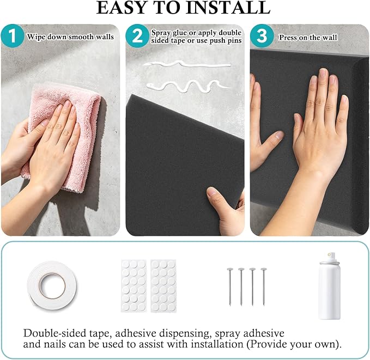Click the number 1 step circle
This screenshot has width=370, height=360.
click(x=13, y=36)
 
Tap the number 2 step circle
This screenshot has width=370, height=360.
click(x=137, y=36)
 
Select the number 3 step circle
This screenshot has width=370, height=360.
click(x=262, y=36)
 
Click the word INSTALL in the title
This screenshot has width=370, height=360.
click(x=228, y=8)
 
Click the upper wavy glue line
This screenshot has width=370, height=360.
click(x=186, y=64)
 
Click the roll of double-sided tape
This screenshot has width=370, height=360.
click(x=52, y=286)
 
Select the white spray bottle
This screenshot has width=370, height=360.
click(x=330, y=286)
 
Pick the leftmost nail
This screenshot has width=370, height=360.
click(x=230, y=287)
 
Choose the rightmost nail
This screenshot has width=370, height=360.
click(x=264, y=287)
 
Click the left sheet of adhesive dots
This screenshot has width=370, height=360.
click(x=134, y=286)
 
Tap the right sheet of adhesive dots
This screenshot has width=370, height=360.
click(x=163, y=286)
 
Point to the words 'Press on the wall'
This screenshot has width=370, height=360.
click(x=308, y=37)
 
